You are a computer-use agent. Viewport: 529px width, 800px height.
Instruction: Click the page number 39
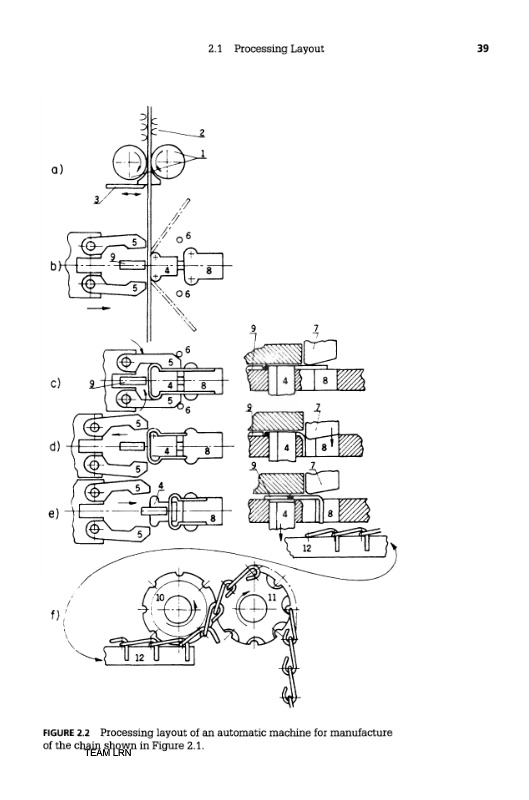(x=483, y=48)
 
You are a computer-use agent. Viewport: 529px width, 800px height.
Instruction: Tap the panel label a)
(x=57, y=169)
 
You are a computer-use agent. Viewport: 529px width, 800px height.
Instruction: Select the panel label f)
(x=55, y=614)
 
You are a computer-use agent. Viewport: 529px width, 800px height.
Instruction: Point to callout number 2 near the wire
(x=202, y=133)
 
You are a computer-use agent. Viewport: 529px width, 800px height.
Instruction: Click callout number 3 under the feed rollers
(x=96, y=199)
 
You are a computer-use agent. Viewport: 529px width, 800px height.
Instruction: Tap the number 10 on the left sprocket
(x=160, y=597)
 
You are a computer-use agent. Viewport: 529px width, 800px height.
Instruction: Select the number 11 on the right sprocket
(x=272, y=597)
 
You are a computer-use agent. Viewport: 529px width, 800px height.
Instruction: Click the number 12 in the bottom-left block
(x=140, y=658)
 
